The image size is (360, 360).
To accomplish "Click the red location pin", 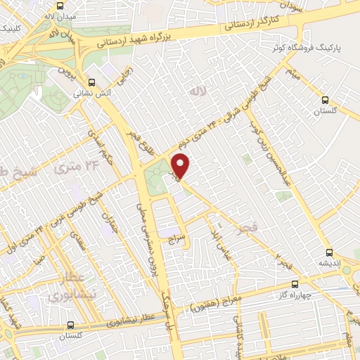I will (x=181, y=167).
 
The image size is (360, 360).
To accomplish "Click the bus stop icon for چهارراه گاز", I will (x=294, y=285).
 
